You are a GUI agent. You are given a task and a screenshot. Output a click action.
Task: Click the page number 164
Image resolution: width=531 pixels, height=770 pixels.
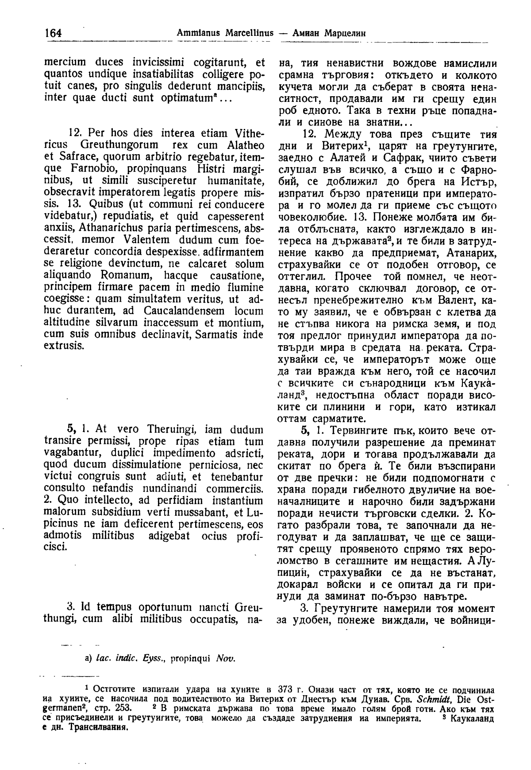tap(52, 33)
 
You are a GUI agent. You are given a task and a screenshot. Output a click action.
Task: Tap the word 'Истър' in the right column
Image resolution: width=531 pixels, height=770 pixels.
tap(478, 182)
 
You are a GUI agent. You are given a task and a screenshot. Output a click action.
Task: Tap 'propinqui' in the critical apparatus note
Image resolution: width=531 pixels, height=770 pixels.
tap(189, 657)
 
